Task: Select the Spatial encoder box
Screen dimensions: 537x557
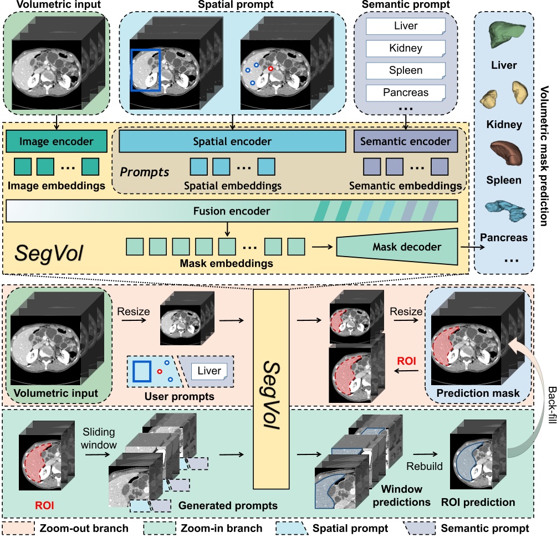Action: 232,141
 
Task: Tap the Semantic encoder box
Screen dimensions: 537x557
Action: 406,141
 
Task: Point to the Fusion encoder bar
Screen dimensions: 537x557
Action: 232,211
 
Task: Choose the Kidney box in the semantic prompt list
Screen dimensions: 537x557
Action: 406,48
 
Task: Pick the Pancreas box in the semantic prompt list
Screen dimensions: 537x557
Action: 406,93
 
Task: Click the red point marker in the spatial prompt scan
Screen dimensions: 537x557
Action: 270,69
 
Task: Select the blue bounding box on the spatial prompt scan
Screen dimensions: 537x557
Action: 145,69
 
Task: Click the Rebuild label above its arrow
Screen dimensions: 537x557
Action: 425,466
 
